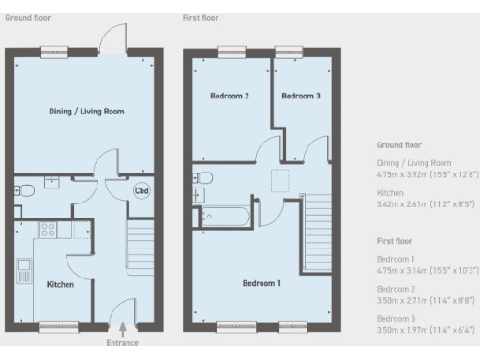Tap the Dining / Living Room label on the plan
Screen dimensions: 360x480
[86, 112]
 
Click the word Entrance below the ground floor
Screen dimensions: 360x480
[123, 343]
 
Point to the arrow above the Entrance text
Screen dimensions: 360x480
[123, 329]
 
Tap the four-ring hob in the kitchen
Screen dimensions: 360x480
[47, 229]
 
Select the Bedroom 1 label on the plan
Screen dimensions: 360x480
[261, 283]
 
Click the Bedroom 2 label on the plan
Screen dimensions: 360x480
[229, 96]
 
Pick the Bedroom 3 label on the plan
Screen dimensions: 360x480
[301, 96]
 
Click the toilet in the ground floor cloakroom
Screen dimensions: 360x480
[25, 190]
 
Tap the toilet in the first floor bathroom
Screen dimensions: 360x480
[203, 176]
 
